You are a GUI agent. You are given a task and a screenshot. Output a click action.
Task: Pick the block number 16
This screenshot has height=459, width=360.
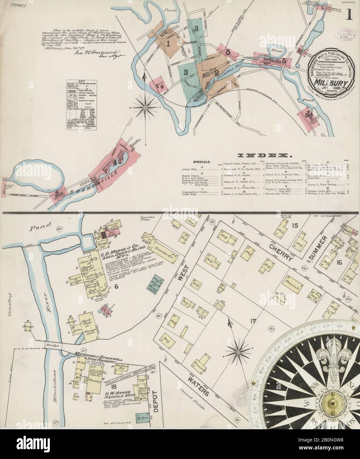[339, 263]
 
